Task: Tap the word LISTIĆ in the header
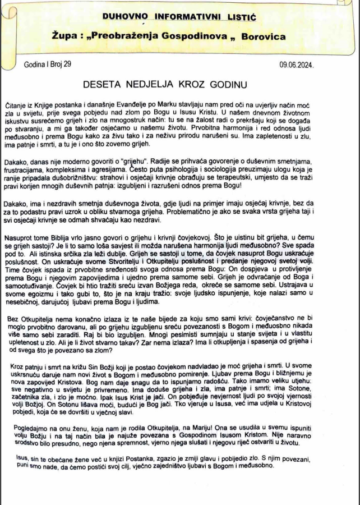[x=240, y=19]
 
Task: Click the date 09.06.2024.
[x=297, y=65]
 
